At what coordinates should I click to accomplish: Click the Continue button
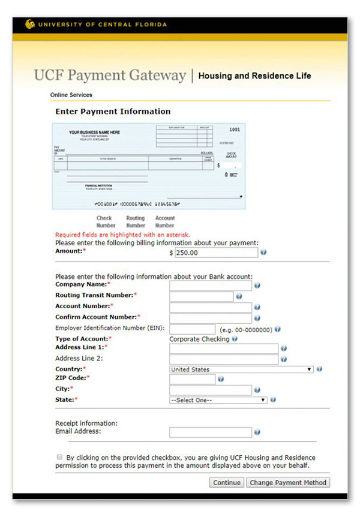point(227,482)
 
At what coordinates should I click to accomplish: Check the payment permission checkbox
point(59,457)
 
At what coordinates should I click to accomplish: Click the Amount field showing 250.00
point(216,253)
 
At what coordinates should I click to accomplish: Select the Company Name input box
point(211,285)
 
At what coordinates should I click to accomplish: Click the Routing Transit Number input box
point(202,296)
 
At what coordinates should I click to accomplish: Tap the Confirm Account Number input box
point(211,318)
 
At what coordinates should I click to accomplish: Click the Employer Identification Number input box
point(193,329)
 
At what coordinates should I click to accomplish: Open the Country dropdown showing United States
point(242,369)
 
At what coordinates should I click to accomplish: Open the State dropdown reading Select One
point(218,400)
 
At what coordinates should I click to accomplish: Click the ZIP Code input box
point(193,379)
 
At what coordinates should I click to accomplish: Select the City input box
point(211,390)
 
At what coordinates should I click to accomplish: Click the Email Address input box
point(211,432)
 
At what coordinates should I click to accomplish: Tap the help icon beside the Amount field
point(263,253)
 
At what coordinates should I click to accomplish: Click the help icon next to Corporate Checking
point(235,339)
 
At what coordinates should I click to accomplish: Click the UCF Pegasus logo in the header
point(30,25)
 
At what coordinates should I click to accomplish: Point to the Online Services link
point(71,95)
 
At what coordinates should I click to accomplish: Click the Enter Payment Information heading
point(113,112)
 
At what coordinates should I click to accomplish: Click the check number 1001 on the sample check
point(235,130)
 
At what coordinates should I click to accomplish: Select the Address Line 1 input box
point(224,348)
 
